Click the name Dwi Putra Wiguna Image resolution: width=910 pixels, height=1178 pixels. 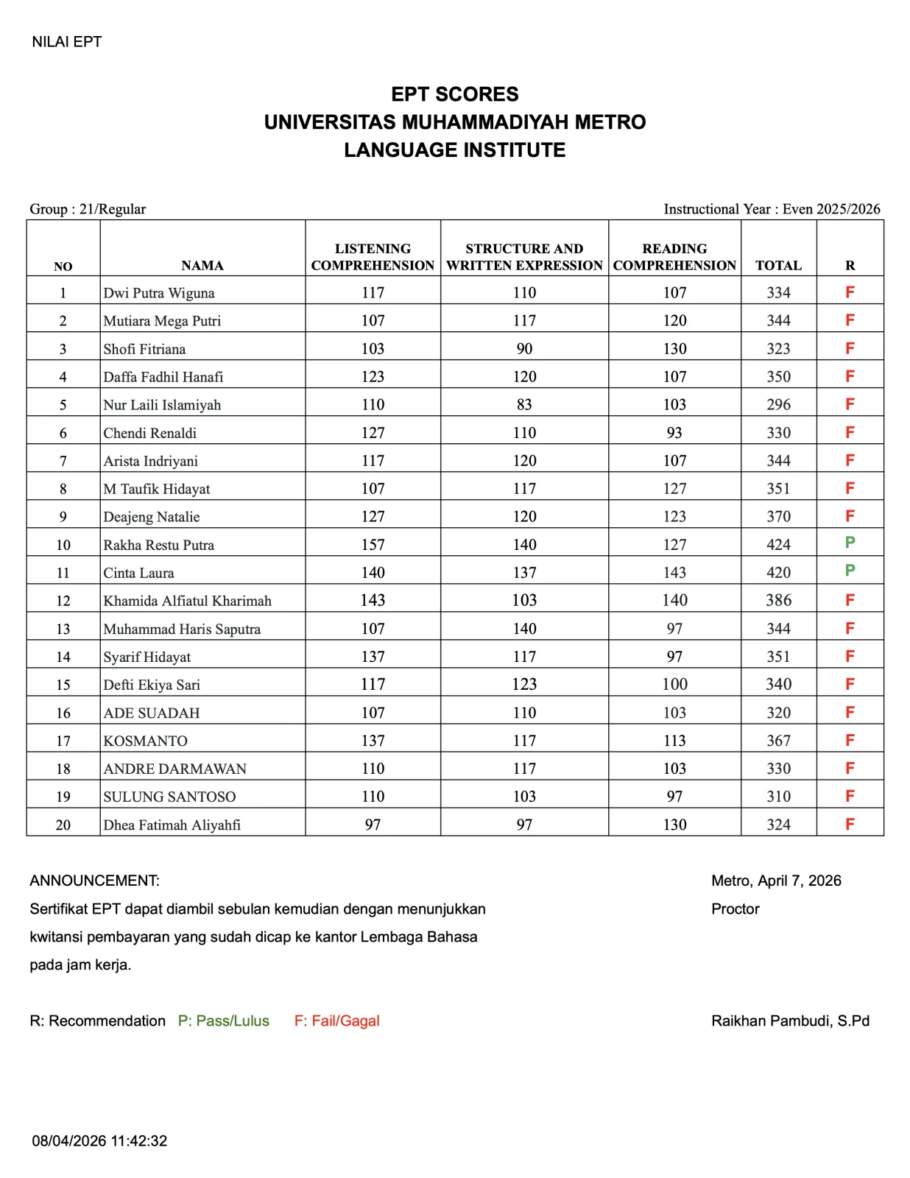click(159, 293)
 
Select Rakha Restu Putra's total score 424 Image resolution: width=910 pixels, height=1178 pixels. click(778, 545)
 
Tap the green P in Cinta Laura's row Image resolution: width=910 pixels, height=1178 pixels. click(850, 571)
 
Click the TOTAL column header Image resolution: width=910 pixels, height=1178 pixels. click(778, 266)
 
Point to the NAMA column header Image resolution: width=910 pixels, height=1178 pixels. click(202, 266)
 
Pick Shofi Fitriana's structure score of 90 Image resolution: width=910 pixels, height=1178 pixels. click(524, 349)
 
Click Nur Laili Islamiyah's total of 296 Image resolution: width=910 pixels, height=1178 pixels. click(778, 405)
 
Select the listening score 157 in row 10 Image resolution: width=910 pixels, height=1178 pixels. click(373, 545)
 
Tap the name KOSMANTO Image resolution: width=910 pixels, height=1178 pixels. click(146, 741)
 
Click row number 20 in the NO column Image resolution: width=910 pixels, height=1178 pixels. click(63, 825)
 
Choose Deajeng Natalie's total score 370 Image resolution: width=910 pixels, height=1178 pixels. click(778, 517)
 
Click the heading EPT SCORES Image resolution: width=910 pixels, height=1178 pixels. click(454, 94)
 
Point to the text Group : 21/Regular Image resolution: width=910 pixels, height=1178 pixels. click(88, 209)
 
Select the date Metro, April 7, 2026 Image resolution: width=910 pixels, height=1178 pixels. click(776, 881)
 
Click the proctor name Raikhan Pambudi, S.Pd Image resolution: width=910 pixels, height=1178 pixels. click(790, 1020)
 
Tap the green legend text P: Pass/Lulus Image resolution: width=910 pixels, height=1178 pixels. click(223, 1020)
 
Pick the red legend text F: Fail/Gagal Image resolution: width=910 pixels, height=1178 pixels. click(336, 1020)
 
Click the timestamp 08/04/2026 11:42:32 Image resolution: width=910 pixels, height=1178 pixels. click(99, 1141)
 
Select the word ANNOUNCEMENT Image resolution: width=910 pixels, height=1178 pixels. click(94, 881)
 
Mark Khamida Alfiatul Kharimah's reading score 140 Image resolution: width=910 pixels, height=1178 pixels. click(674, 601)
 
